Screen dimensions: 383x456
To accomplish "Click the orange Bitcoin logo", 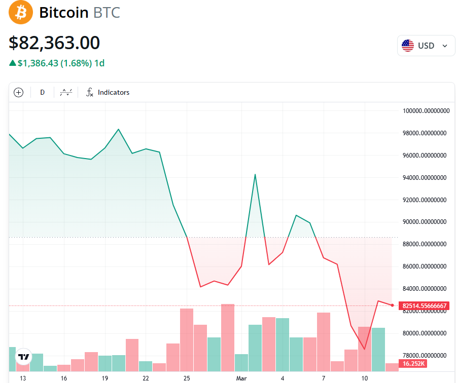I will (21, 12).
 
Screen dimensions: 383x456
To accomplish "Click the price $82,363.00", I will (54, 43).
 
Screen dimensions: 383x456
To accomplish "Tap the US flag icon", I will (408, 46).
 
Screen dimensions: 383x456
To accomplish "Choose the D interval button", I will (43, 92).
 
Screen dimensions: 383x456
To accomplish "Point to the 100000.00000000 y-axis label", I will (425, 111).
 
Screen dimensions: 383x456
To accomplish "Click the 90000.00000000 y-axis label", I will (425, 222).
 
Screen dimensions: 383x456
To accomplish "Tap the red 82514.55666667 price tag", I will (424, 305).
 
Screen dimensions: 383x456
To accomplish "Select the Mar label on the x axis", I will (241, 378).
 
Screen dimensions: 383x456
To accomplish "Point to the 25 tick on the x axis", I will (187, 378).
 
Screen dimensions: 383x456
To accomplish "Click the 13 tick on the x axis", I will (22, 378).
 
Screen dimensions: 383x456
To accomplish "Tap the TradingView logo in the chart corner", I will (23, 357).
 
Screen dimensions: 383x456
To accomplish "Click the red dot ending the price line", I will (392, 305).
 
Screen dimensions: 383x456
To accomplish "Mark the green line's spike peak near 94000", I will (255, 174).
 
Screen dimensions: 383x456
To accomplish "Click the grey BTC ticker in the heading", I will (107, 13).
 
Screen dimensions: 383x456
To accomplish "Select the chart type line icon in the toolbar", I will (66, 92).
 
